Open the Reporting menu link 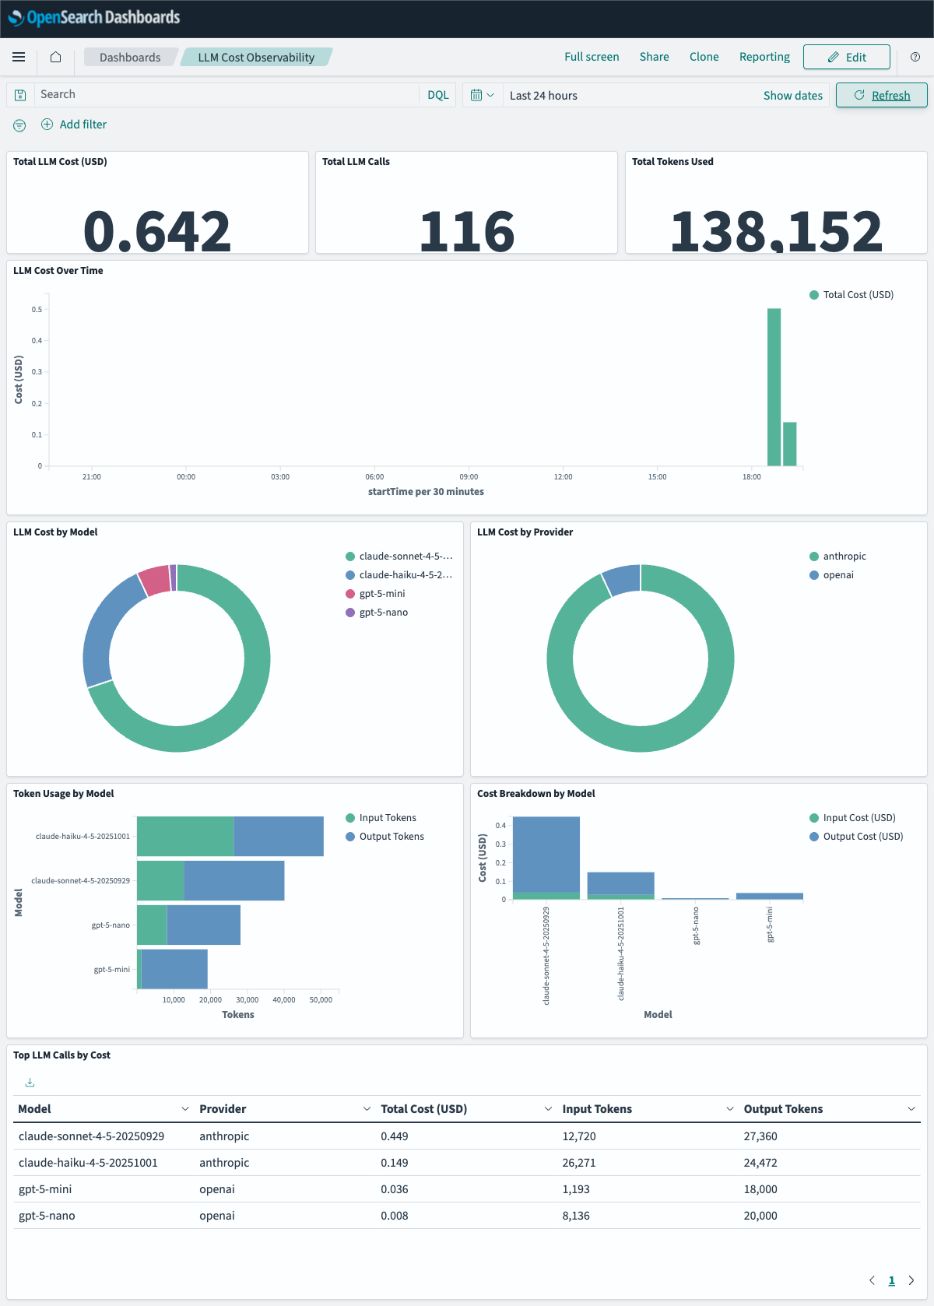[764, 57]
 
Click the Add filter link [83, 125]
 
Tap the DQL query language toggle [437, 95]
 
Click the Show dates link [792, 95]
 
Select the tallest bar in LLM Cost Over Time [774, 387]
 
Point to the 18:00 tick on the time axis [751, 476]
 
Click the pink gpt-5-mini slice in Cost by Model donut [155, 581]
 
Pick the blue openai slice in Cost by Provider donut [621, 580]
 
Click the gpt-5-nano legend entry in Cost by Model [383, 613]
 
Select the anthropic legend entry [844, 556]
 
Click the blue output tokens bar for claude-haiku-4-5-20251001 [279, 836]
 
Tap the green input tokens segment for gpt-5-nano [152, 925]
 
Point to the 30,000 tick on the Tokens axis [247, 999]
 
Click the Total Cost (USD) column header [423, 1109]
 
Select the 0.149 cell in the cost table [395, 1163]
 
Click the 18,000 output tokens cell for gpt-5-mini [760, 1189]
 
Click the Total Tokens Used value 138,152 [776, 231]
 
